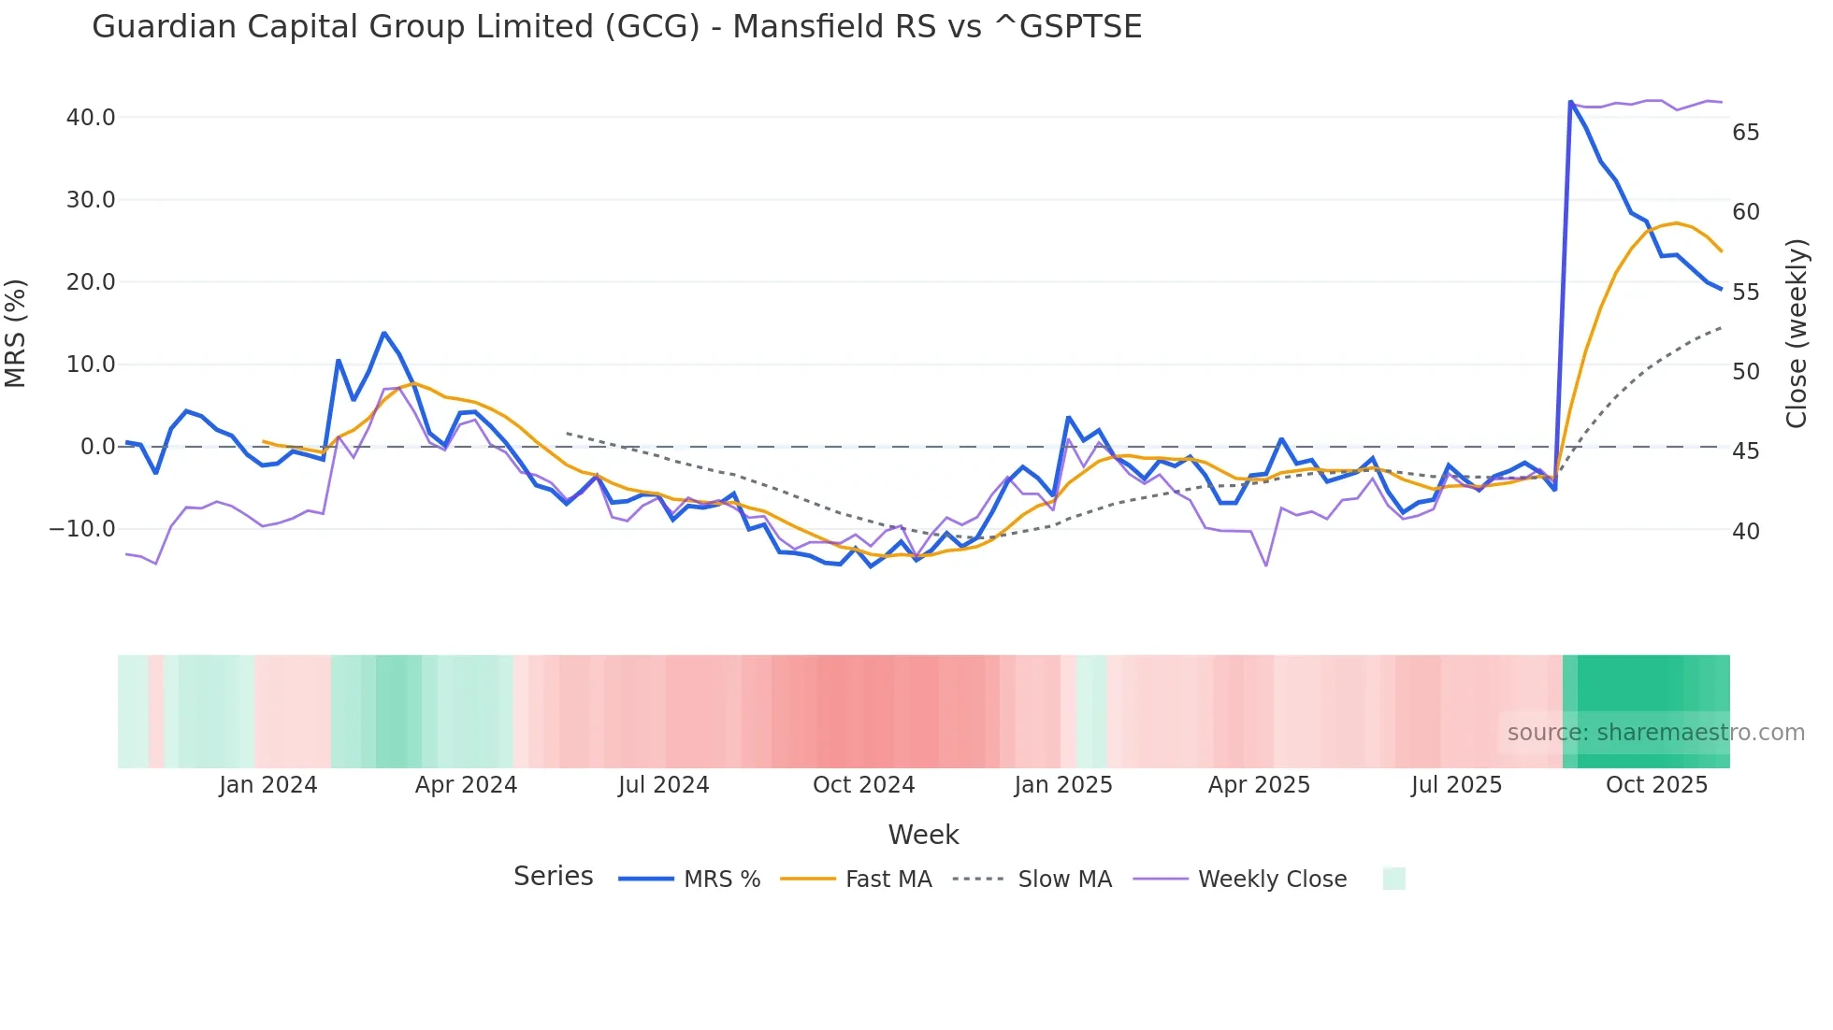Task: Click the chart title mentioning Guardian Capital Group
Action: (616, 27)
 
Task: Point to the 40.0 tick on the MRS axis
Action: (91, 118)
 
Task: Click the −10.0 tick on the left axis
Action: (82, 529)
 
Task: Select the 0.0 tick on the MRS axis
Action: (97, 447)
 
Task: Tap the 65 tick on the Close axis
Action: (1745, 133)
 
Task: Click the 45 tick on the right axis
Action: (1745, 451)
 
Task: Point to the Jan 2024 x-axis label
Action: (268, 785)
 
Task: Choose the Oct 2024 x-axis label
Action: (863, 785)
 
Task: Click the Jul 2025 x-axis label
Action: (1456, 785)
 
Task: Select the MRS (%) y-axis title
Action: (16, 333)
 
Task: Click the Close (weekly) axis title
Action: (1797, 333)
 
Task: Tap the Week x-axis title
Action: (923, 835)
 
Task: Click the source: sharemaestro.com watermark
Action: (1655, 733)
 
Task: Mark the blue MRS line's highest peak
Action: (1570, 101)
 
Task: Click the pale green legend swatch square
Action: (1393, 879)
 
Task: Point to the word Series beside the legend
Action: (553, 877)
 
